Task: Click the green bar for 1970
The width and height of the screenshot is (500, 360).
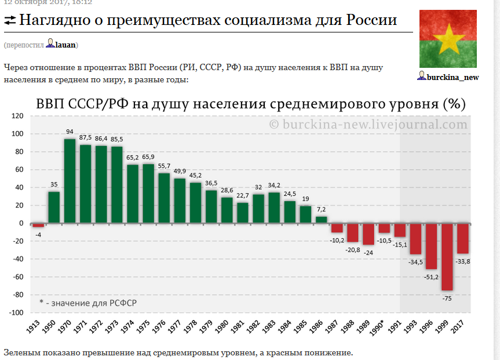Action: pos(70,181)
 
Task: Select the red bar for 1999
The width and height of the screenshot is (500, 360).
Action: pos(447,257)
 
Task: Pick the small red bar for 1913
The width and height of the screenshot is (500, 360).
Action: pos(38,225)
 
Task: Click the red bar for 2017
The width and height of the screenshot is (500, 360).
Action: pos(462,238)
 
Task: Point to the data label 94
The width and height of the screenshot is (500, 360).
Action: pos(70,132)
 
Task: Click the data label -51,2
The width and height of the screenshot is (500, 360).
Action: pos(431,277)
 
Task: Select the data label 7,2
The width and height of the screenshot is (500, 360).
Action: pos(321,209)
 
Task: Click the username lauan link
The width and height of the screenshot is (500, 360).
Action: pos(65,45)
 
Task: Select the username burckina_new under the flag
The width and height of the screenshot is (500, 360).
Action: pos(452,77)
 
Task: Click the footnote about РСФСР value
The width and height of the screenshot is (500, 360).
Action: pos(87,303)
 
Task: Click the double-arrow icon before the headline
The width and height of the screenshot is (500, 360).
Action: pos(10,21)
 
